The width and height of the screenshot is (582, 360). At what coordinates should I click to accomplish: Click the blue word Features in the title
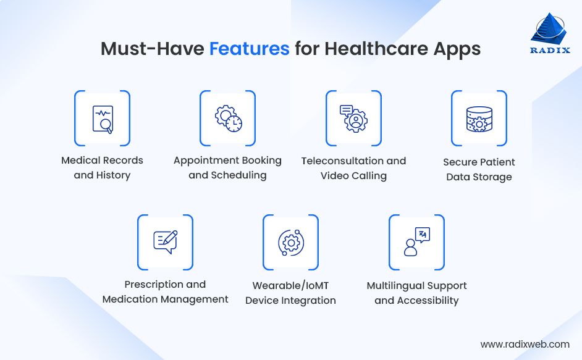point(249,49)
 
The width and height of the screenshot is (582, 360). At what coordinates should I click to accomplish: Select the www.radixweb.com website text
point(525,344)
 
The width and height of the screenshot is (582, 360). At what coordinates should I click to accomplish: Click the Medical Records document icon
point(102,119)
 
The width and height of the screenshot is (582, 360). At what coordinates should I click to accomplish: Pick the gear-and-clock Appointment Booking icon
point(227,119)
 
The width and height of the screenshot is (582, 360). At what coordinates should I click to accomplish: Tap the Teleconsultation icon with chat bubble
point(353,119)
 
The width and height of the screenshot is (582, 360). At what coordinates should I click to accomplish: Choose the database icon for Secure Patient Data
point(479,119)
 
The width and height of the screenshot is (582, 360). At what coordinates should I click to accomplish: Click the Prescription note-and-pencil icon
point(165,242)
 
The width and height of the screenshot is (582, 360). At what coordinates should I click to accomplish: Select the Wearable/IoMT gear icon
point(290,242)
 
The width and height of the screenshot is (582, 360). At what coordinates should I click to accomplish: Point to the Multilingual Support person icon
point(416,242)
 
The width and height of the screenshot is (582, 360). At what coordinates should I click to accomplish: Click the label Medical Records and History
point(102,168)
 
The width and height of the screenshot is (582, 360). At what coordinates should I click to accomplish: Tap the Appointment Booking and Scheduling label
point(227,168)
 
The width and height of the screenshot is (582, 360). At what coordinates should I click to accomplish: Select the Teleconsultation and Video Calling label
point(353,168)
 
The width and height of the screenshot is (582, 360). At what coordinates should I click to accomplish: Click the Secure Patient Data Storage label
point(479,169)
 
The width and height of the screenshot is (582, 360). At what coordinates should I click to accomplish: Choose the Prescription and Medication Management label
point(165,291)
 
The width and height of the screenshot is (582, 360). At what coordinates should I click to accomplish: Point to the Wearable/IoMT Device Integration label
point(290,293)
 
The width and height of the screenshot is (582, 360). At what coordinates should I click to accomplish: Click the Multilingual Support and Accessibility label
point(416,293)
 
